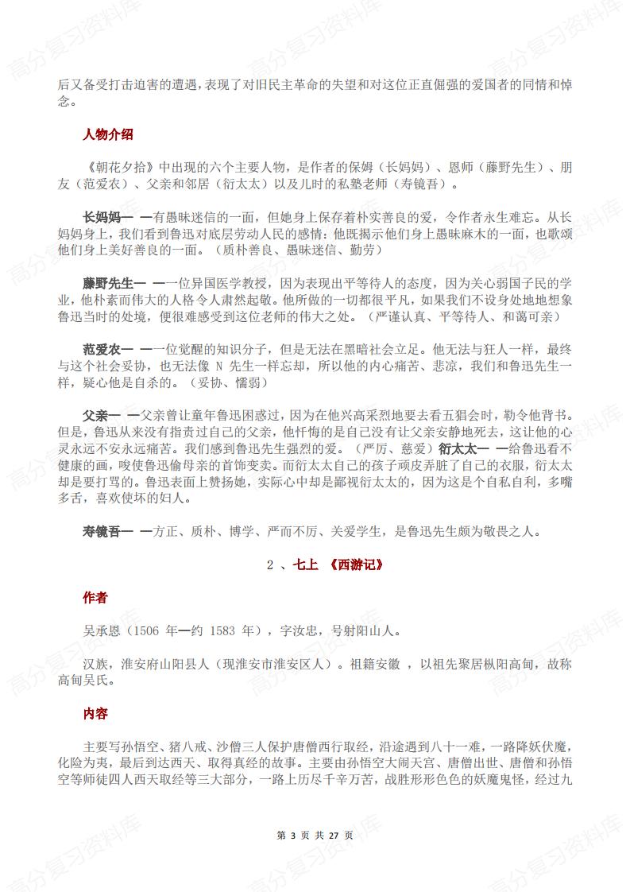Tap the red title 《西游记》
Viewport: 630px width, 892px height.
pos(354,565)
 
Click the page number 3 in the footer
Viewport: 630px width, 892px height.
pos(293,836)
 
